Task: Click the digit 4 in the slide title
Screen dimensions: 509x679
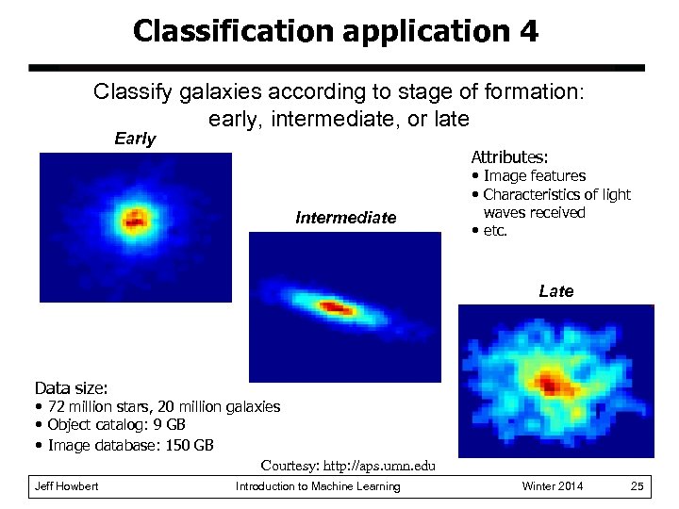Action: pos(528,31)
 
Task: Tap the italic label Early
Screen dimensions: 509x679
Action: pos(135,139)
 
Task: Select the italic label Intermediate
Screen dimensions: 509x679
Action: pos(345,218)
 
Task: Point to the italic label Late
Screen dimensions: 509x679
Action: pos(555,291)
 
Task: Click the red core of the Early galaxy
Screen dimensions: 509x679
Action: pos(134,222)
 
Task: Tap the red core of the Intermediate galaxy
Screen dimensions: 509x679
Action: pos(336,307)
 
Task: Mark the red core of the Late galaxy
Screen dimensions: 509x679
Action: pos(552,384)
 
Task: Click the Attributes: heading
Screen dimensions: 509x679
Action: pos(509,156)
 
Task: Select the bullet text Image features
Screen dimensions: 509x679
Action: pos(534,176)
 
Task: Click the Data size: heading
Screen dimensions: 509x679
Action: pos(71,387)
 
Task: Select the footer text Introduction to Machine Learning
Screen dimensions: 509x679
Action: pos(318,486)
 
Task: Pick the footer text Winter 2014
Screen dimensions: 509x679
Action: pos(553,486)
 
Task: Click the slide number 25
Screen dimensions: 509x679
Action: pos(637,486)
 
